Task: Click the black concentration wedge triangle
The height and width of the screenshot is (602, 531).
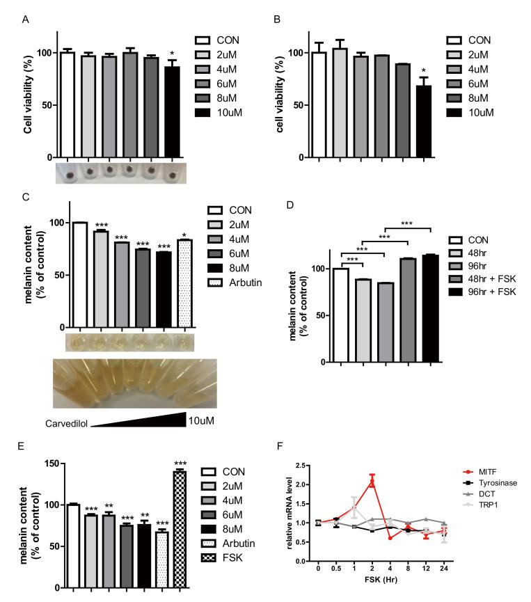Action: (x=153, y=420)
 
